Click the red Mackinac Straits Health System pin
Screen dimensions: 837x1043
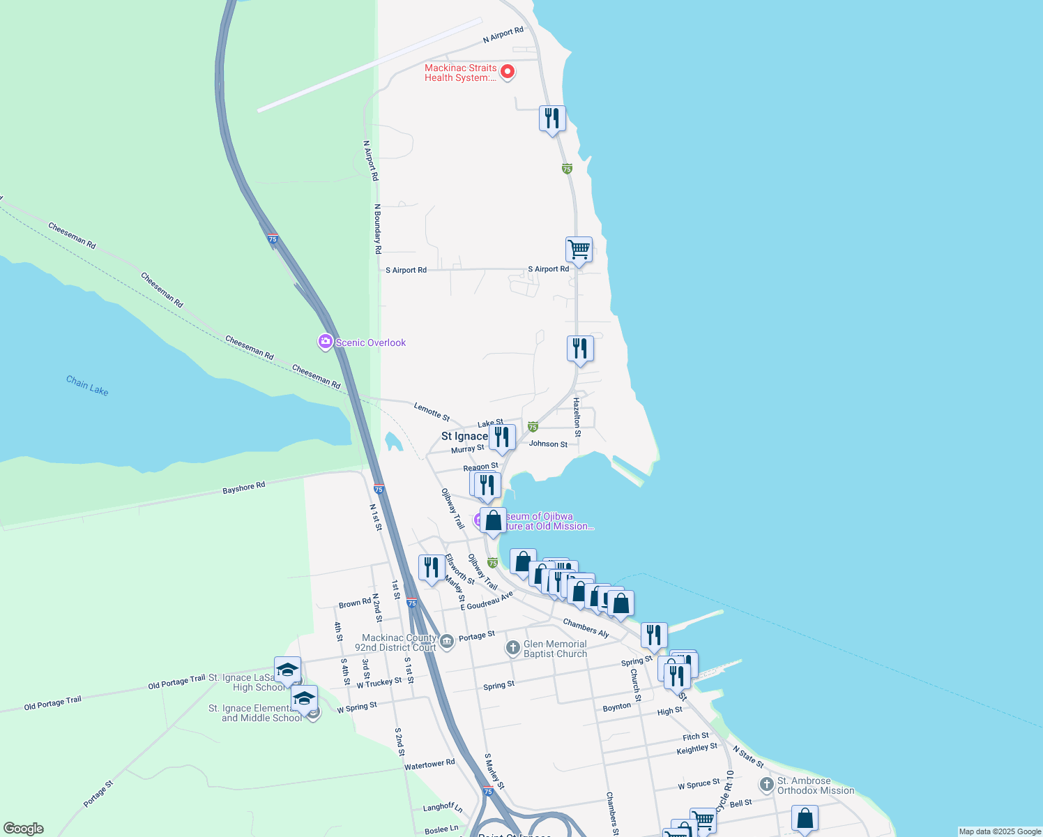coord(508,71)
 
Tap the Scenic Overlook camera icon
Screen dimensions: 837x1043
coord(325,342)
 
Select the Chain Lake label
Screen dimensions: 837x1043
coord(87,385)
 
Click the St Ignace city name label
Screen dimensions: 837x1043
coord(464,436)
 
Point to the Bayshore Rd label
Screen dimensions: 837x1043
coord(244,488)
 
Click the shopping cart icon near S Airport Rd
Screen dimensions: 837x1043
coord(579,249)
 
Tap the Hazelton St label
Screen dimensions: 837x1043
coord(577,417)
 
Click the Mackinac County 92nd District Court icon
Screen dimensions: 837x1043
coord(446,640)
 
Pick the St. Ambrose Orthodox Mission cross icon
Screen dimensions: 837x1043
coord(767,785)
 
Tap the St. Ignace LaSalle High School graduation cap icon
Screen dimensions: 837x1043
coord(287,670)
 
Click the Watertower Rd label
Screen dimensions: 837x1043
coord(429,764)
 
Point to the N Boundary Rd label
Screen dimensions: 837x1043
coord(378,229)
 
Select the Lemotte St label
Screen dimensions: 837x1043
coord(432,412)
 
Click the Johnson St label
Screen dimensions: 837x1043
coord(548,444)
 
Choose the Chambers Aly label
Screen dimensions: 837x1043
coord(586,628)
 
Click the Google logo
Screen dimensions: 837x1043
coord(24,829)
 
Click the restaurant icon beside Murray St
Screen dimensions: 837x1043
coord(502,437)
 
